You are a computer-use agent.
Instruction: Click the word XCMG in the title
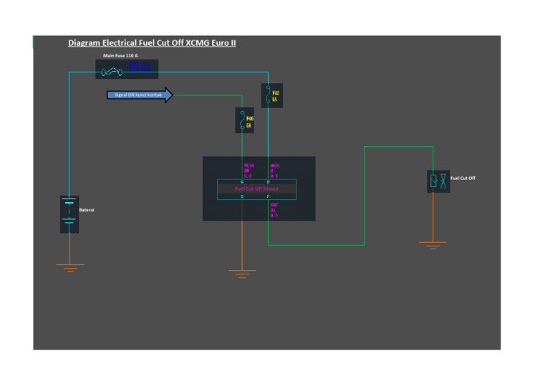(198, 43)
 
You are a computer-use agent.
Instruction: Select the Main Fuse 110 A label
(121, 55)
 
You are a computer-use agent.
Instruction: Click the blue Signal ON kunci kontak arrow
(140, 95)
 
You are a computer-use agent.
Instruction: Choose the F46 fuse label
(249, 121)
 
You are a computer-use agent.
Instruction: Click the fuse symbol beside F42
(268, 95)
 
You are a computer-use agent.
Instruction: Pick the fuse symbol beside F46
(242, 120)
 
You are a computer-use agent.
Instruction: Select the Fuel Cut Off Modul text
(256, 189)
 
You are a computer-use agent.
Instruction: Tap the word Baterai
(87, 210)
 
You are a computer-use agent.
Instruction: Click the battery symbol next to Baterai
(69, 213)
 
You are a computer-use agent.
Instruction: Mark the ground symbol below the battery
(69, 268)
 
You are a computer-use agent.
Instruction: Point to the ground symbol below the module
(242, 274)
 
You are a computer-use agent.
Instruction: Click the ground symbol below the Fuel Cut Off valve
(433, 245)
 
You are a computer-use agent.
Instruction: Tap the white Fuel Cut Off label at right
(463, 178)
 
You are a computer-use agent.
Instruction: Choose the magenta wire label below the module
(274, 209)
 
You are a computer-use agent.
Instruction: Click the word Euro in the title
(219, 43)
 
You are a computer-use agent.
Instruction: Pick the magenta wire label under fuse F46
(249, 170)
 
